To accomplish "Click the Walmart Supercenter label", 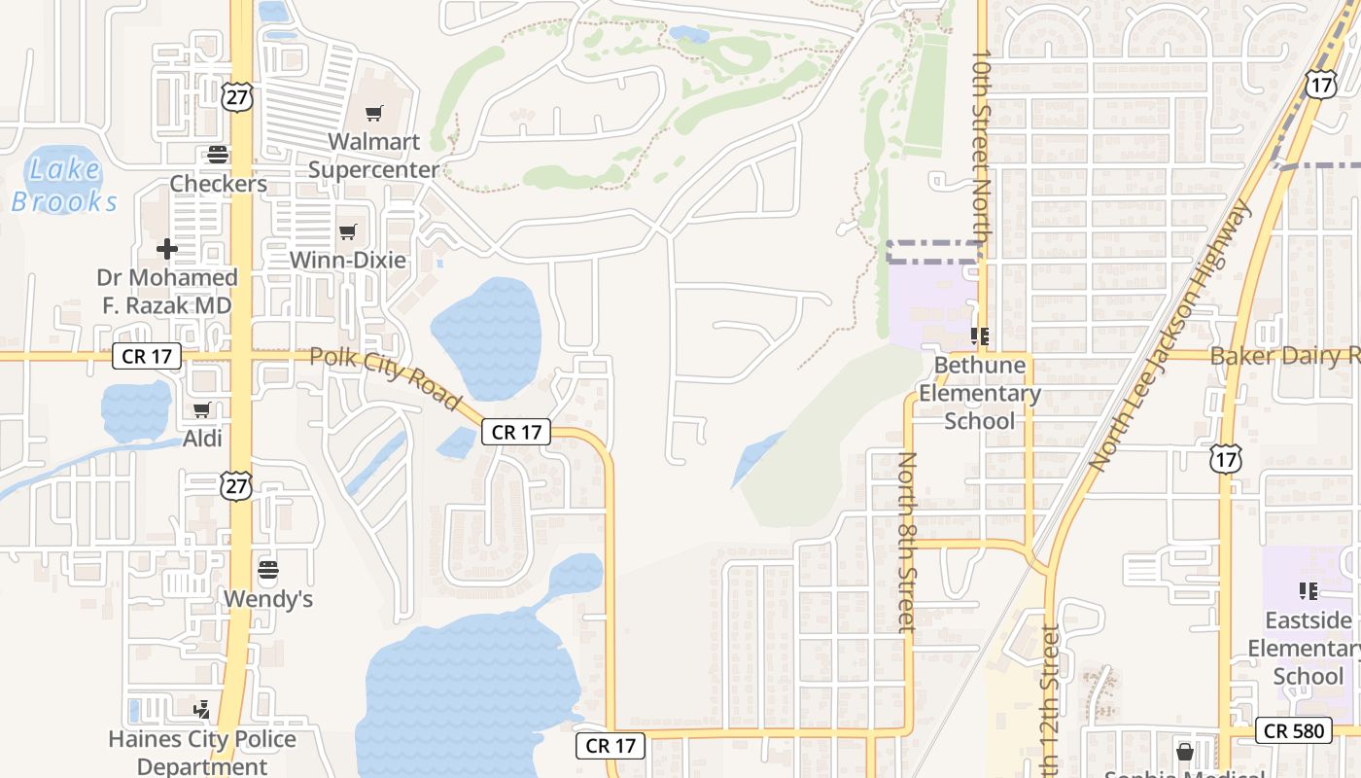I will [x=374, y=156].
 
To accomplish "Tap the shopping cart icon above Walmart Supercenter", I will [x=374, y=114].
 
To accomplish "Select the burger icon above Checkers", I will [x=218, y=155].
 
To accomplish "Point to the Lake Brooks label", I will [x=64, y=185].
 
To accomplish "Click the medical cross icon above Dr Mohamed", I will [x=167, y=249].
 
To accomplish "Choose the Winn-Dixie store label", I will [x=348, y=261].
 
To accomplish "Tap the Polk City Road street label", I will [x=385, y=377].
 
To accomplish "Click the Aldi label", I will [x=203, y=439].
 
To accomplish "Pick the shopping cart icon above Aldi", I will [x=202, y=410].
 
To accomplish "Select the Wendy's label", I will [x=268, y=599].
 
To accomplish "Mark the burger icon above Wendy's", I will [x=268, y=569].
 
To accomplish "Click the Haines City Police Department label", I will [x=202, y=753].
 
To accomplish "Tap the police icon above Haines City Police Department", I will [x=202, y=710].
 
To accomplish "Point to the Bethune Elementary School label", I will [x=980, y=393].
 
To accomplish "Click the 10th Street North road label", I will [x=982, y=154].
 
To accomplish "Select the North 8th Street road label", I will [x=907, y=542].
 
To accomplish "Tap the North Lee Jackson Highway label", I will [x=1170, y=336].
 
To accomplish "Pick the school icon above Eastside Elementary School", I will [x=1308, y=590].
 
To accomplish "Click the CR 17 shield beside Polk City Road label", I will [x=516, y=433].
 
